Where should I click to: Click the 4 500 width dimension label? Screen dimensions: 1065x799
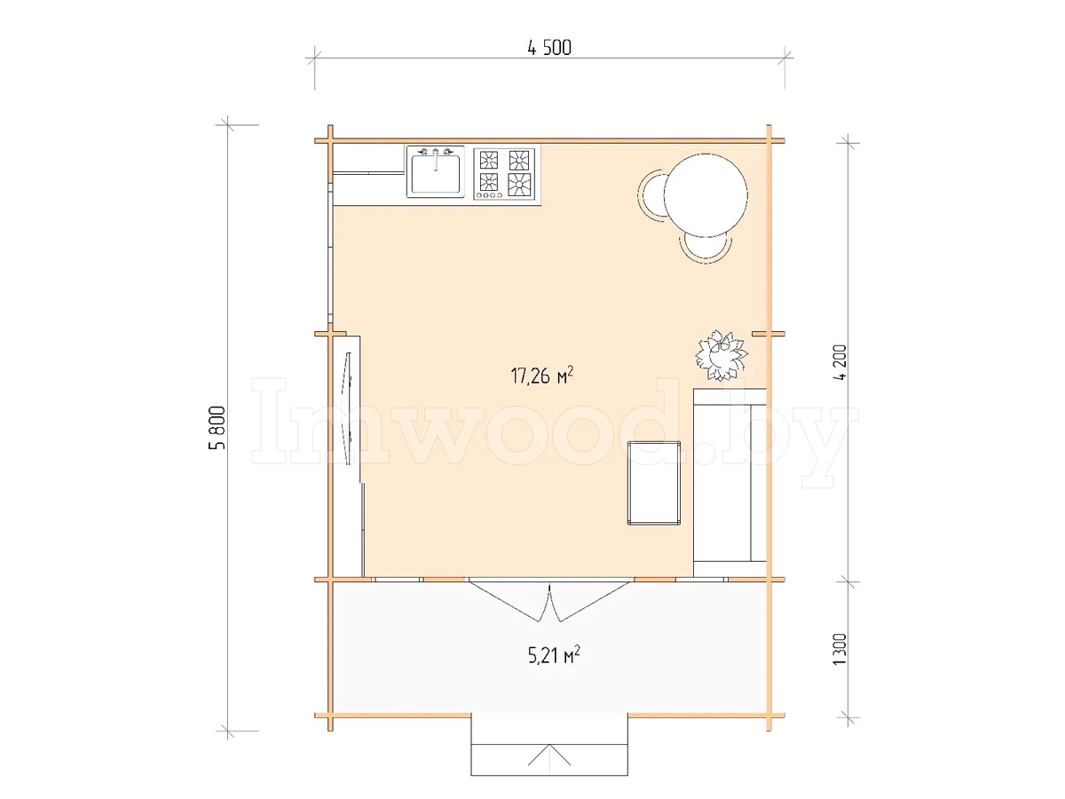[549, 48]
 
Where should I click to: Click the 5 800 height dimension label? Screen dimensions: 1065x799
[217, 427]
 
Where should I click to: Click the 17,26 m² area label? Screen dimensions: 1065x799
[542, 376]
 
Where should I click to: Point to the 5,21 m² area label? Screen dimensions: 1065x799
[554, 655]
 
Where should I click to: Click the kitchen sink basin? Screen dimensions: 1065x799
[435, 174]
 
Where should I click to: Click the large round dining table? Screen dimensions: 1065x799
[705, 194]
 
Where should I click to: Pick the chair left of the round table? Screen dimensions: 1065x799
[651, 195]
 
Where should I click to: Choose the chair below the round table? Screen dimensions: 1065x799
[706, 247]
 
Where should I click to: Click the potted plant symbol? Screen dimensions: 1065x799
[721, 355]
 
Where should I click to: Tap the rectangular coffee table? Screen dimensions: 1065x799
[654, 483]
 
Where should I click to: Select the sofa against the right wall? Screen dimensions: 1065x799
[730, 482]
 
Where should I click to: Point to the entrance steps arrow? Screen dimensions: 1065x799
[549, 755]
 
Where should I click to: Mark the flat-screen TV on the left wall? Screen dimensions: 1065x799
[349, 410]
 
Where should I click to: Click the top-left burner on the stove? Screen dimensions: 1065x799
[489, 159]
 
